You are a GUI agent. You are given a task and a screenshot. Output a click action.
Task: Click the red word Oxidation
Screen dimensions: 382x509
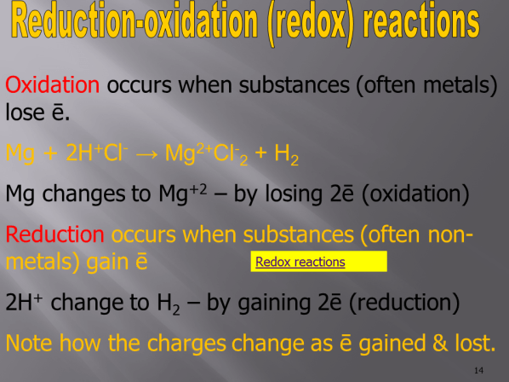[53, 85]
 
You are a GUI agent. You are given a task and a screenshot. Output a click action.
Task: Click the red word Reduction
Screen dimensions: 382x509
[54, 234]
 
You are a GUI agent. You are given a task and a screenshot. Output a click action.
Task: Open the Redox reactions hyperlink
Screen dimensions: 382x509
[300, 262]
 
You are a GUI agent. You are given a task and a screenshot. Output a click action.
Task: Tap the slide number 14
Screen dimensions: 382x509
[478, 368]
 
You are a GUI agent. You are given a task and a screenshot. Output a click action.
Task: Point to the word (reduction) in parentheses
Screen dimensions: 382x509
[408, 302]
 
